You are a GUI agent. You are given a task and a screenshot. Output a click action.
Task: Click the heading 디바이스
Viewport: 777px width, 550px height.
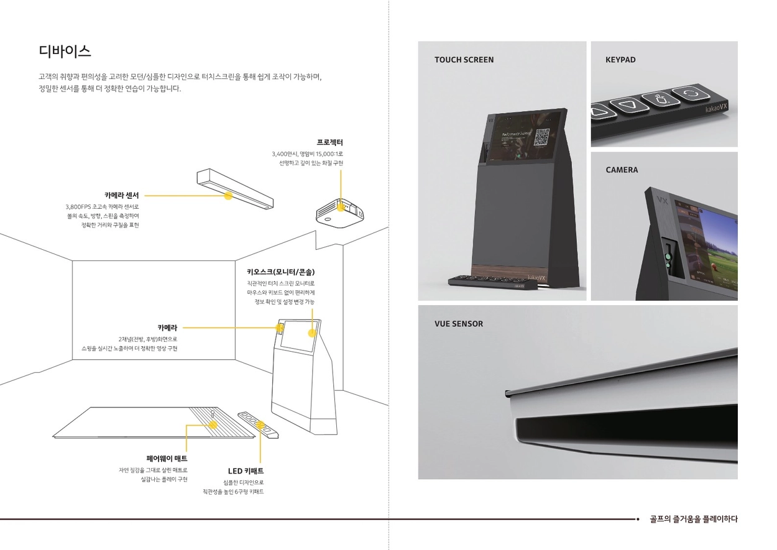pyautogui.click(x=65, y=50)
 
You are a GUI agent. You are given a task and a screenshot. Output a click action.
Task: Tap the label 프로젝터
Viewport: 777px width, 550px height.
pyautogui.click(x=329, y=142)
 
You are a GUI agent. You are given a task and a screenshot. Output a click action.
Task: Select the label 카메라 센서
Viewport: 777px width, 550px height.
pyautogui.click(x=122, y=195)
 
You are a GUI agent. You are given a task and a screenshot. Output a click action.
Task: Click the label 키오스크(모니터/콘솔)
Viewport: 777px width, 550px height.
pyautogui.click(x=285, y=272)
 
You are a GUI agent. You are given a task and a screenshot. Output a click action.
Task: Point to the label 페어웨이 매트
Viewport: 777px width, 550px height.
pyautogui.click(x=167, y=459)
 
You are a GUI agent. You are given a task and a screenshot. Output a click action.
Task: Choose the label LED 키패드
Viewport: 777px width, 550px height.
pyautogui.click(x=246, y=471)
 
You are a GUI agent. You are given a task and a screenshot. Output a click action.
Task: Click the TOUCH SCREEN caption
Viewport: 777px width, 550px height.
pyautogui.click(x=464, y=60)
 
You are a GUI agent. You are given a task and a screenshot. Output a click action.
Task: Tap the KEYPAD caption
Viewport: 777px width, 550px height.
pyautogui.click(x=620, y=60)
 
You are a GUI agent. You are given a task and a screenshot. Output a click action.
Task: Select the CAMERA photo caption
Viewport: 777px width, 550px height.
pyautogui.click(x=622, y=170)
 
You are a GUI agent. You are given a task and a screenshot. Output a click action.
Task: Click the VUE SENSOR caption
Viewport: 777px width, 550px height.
pyautogui.click(x=459, y=324)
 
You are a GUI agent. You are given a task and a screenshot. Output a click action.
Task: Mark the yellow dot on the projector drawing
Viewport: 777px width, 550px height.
pyautogui.click(x=340, y=206)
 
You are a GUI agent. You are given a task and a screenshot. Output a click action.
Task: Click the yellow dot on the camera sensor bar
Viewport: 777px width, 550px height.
pyautogui.click(x=228, y=195)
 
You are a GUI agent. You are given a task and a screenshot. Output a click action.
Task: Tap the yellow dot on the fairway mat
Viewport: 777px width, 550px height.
pyautogui.click(x=213, y=424)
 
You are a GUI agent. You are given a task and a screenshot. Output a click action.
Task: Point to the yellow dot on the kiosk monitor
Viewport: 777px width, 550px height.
pyautogui.click(x=312, y=332)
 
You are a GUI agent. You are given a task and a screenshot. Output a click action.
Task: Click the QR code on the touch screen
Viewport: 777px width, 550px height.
pyautogui.click(x=543, y=138)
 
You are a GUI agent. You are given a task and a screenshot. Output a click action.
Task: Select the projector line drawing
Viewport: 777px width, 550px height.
pyautogui.click(x=339, y=213)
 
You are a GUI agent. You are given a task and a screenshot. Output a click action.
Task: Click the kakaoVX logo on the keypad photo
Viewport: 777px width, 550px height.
pyautogui.click(x=719, y=109)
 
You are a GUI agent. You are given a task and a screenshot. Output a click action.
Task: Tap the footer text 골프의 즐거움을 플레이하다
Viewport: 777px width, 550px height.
pyautogui.click(x=693, y=519)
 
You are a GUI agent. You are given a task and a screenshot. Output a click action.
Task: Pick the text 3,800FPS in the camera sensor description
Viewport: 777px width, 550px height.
pyautogui.click(x=78, y=207)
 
